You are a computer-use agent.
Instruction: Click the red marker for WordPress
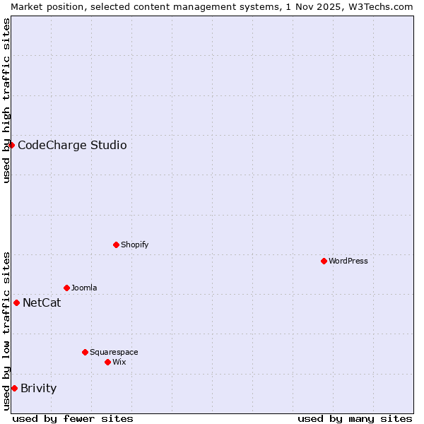pos(324,261)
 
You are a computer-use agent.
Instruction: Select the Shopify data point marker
pos(116,245)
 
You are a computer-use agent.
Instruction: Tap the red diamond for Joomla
pos(66,288)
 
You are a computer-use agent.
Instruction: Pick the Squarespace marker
pos(85,352)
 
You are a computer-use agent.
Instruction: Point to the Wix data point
pos(107,362)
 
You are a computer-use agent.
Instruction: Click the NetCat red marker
pos(16,302)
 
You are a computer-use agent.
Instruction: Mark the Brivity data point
pos(14,388)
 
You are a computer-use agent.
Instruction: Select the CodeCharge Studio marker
pos(11,145)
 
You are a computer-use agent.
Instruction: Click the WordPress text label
pos(348,261)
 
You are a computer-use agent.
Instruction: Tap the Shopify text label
pos(134,245)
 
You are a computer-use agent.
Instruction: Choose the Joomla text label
pos(84,288)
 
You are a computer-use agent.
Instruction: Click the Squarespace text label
pos(114,352)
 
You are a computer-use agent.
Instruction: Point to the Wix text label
pos(119,362)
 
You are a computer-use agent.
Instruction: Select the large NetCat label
pos(42,303)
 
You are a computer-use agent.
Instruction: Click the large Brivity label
pos(39,388)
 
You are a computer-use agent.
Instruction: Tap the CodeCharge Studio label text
pos(72,146)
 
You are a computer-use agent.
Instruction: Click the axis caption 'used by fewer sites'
pos(73,418)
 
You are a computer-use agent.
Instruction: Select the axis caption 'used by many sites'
pos(355,418)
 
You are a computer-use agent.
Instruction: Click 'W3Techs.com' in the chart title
pos(384,6)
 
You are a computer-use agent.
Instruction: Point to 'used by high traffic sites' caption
pos(6,100)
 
